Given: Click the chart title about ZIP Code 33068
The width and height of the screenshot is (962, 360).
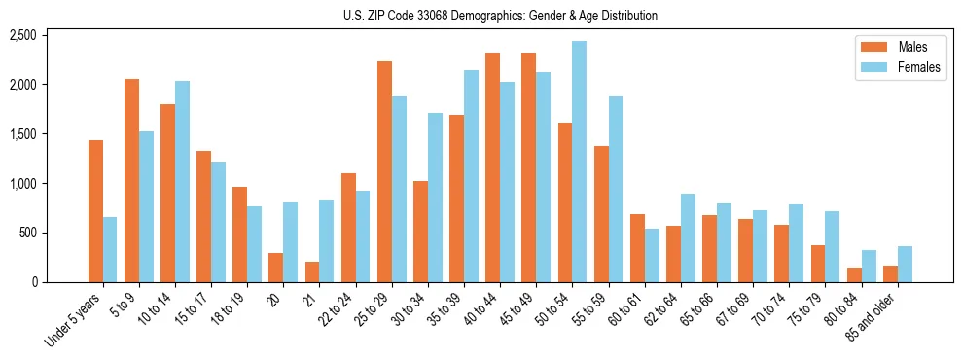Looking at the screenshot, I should (500, 16).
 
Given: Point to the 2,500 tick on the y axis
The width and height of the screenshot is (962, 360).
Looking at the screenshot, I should (22, 36).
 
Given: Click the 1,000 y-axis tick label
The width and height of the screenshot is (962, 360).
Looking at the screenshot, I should (22, 184).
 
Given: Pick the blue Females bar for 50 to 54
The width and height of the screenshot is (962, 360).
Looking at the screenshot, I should (579, 162).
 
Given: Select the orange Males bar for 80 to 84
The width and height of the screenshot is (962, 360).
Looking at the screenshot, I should (854, 275).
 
